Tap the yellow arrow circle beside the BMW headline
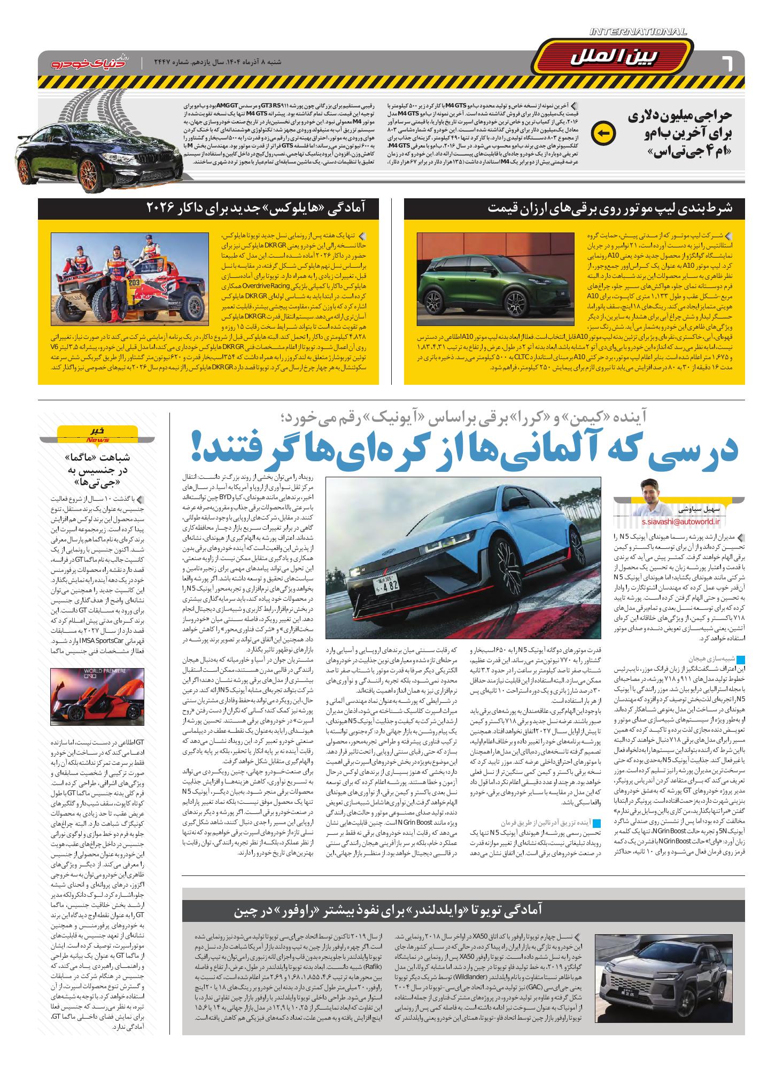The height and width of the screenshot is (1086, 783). tap(605, 133)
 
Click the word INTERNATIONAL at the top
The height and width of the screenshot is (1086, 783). tap(638, 33)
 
